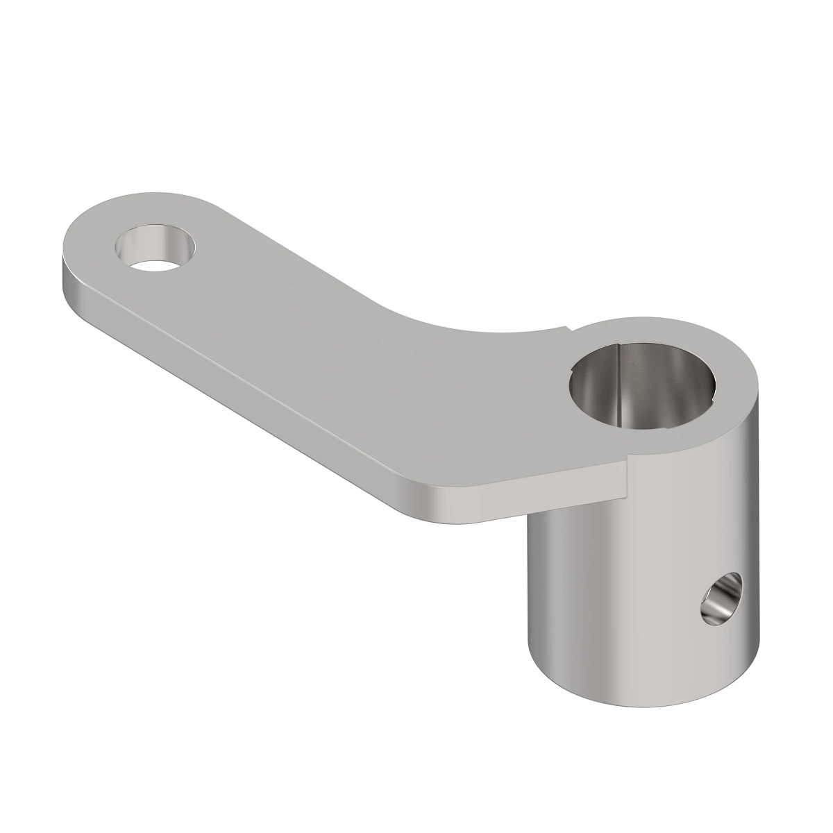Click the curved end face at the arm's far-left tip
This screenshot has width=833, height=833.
(66, 274)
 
